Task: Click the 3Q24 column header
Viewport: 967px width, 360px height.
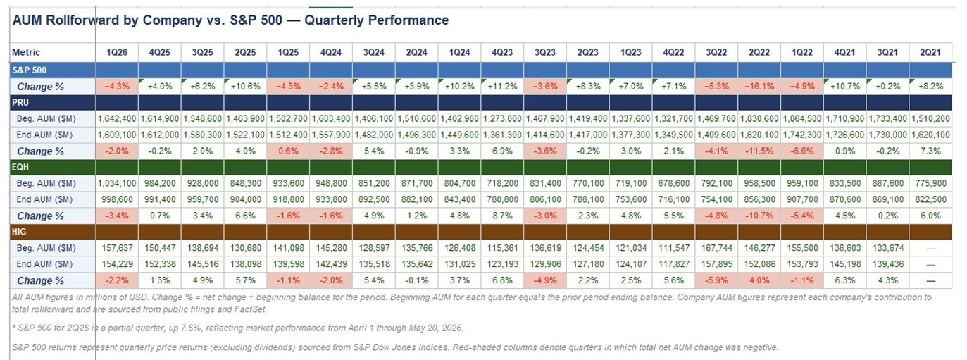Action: tap(374, 52)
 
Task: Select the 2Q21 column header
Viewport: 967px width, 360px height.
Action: tap(930, 52)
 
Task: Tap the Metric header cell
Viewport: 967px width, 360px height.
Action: tap(26, 52)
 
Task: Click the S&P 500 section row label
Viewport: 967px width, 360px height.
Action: tap(30, 70)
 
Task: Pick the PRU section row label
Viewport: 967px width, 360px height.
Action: tap(20, 102)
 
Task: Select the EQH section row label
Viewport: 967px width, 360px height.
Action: tap(20, 167)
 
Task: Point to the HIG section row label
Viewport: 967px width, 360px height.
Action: tap(19, 232)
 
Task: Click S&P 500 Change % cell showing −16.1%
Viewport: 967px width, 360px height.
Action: tap(759, 87)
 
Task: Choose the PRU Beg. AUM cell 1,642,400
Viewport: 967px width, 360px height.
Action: tap(117, 118)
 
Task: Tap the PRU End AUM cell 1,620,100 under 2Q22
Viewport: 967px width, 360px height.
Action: tap(759, 135)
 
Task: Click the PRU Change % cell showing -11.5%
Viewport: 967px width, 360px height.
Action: tap(759, 151)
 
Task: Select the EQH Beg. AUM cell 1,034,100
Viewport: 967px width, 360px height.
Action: tap(117, 183)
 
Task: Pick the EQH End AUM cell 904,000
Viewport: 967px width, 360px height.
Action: tap(245, 199)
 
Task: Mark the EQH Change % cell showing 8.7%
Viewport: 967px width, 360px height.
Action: tap(502, 216)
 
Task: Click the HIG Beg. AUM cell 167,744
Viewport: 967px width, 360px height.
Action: tap(716, 248)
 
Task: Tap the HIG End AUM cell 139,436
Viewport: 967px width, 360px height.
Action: tap(887, 264)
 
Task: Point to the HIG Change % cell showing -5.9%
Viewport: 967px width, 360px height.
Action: tap(716, 280)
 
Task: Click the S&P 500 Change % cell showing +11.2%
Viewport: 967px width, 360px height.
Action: tap(502, 87)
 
